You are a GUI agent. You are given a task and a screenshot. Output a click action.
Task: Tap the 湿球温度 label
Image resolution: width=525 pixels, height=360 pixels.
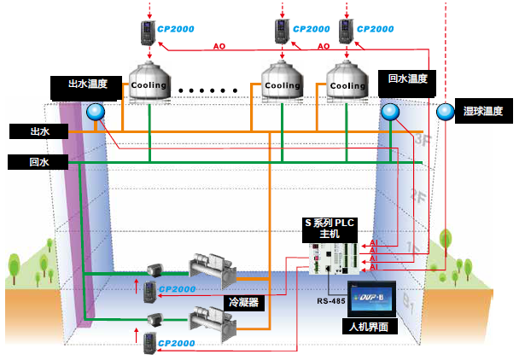click(489, 111)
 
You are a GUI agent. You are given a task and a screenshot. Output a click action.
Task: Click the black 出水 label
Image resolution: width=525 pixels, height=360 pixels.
click(39, 131)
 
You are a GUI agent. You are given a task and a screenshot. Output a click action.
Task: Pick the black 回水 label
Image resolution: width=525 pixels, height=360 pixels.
click(39, 161)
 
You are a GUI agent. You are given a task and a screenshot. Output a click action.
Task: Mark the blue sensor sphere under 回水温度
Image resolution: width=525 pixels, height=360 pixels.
click(390, 112)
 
